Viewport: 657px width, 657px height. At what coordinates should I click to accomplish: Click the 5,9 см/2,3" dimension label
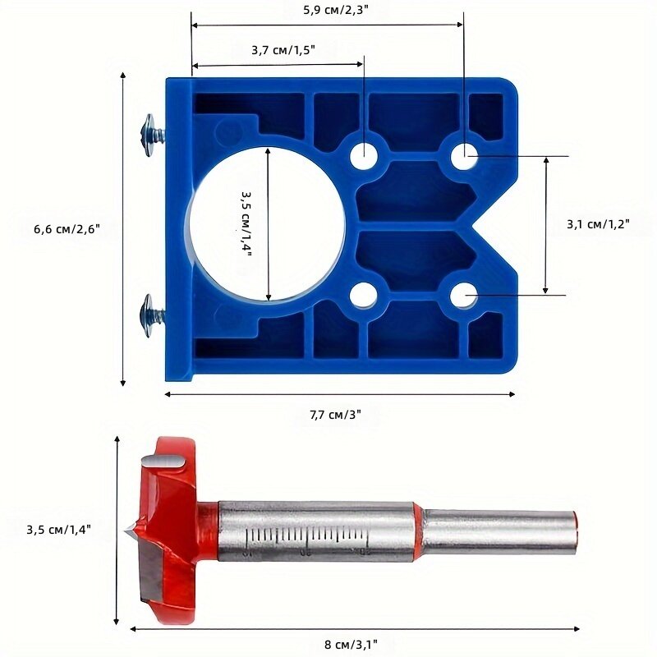(335, 10)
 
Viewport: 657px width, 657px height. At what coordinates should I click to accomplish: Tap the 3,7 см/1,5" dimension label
(283, 50)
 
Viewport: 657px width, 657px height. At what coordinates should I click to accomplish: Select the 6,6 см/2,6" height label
(67, 229)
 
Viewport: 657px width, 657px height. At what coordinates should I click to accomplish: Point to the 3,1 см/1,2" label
(599, 224)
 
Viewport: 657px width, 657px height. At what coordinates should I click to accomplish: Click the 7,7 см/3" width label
(335, 415)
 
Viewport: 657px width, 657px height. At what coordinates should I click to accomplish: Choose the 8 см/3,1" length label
(351, 644)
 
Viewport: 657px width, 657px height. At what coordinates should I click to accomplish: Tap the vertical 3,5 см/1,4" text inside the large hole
(246, 224)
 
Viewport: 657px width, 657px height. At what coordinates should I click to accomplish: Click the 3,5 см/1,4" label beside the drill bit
(58, 530)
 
